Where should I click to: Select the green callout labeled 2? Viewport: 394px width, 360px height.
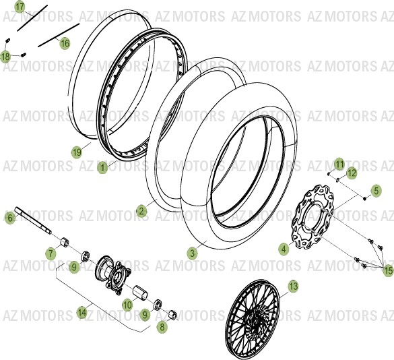point(141,211)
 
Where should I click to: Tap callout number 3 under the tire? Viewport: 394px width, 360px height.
point(192,253)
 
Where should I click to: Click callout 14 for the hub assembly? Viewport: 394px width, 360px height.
point(82,312)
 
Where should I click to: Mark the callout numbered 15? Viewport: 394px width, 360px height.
point(387,270)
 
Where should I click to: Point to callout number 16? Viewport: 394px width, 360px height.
point(65,43)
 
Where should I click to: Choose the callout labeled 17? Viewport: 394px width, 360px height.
point(20,7)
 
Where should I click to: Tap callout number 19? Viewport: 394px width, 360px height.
point(77,152)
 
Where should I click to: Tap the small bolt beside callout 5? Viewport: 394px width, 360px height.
point(364,198)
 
